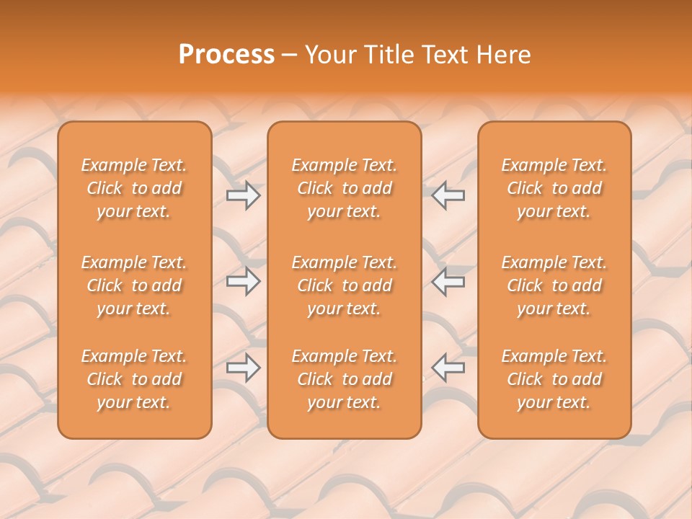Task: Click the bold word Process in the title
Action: [x=226, y=55]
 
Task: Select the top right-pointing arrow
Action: [x=243, y=195]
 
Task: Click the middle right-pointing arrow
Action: [x=243, y=281]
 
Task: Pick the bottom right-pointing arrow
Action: [x=243, y=368]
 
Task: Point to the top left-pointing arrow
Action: [x=448, y=195]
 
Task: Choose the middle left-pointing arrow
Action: [x=448, y=281]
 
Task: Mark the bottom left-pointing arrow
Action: [x=448, y=368]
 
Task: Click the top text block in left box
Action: [x=134, y=188]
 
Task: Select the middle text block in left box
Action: [x=134, y=285]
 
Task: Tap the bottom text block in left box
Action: [x=134, y=379]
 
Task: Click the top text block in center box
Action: [x=344, y=188]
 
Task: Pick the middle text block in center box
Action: [x=344, y=285]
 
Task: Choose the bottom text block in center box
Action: [x=344, y=379]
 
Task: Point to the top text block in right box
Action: [x=554, y=188]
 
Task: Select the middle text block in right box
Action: [x=554, y=285]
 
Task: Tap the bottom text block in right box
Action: [x=554, y=379]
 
